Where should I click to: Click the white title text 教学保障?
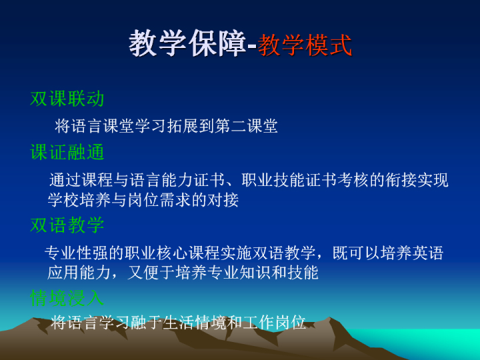(187, 43)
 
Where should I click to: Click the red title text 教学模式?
(304, 45)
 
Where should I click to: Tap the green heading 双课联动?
(67, 99)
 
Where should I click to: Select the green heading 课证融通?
(67, 152)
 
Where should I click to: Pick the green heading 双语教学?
(67, 225)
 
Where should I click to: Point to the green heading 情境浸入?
(67, 297)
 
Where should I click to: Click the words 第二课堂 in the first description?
(247, 126)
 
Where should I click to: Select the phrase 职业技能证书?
(289, 180)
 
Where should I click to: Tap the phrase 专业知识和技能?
(247, 272)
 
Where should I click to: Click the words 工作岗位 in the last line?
(275, 322)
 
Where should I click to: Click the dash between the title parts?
(251, 47)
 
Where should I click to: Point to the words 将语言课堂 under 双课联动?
(94, 126)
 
